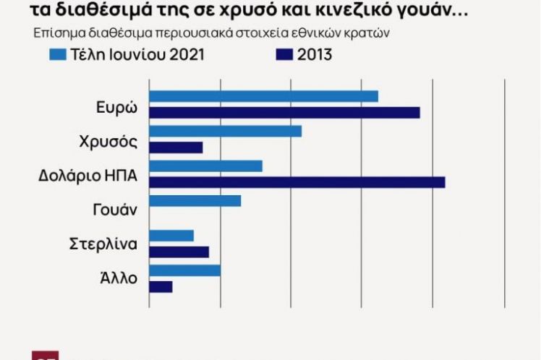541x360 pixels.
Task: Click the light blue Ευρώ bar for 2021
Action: (263, 96)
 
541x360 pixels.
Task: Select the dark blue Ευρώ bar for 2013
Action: (284, 113)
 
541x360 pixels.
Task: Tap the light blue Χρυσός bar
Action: (225, 131)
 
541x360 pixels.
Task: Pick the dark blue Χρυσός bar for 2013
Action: (176, 147)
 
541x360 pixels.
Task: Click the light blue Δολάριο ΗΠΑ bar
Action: (205, 166)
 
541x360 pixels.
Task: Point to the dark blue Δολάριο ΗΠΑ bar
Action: (297, 182)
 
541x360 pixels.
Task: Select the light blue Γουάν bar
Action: (195, 200)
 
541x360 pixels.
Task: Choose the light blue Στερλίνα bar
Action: (171, 235)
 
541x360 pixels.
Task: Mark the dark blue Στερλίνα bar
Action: (179, 252)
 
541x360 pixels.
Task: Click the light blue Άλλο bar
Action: (184, 270)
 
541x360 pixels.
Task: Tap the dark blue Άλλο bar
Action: (161, 286)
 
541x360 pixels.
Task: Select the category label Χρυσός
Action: (108, 142)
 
